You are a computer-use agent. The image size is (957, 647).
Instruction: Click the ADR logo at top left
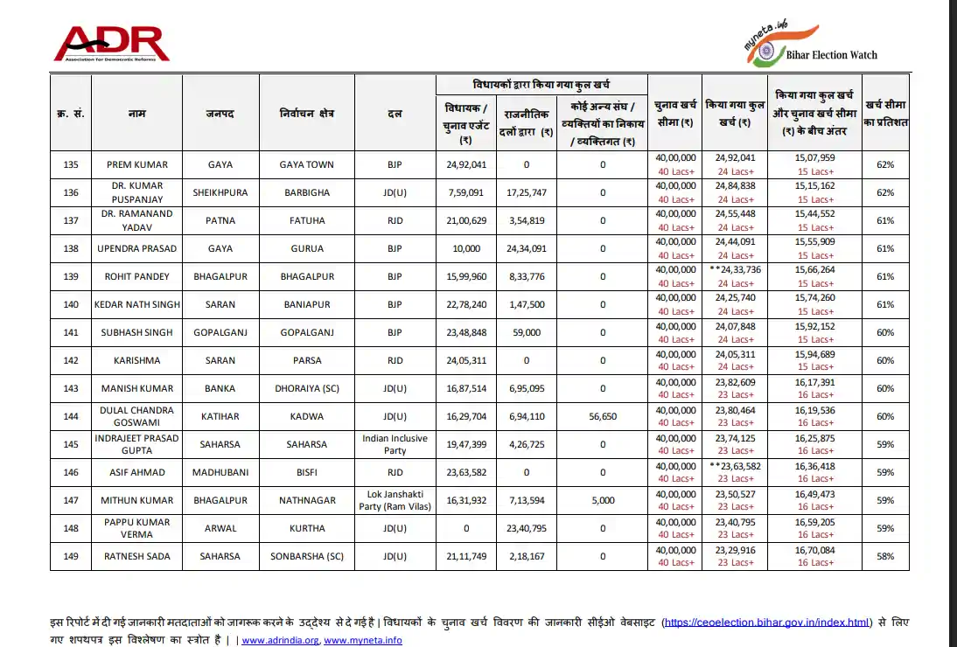coord(111,44)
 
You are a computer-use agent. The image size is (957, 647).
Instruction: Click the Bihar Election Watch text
coord(831,55)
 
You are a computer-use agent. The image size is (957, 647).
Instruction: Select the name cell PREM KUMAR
coord(136,164)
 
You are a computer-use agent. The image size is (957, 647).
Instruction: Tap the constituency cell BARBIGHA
coord(307,192)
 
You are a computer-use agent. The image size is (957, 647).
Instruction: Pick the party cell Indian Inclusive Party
coord(395,444)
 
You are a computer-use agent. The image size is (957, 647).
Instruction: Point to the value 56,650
coord(602,416)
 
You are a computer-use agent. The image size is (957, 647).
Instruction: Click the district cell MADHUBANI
coord(220,472)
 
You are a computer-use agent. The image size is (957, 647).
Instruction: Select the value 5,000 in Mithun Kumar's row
coord(602,500)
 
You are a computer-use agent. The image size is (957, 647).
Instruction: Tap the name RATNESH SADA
coord(136,556)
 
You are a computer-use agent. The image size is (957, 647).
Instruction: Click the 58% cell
coord(885,556)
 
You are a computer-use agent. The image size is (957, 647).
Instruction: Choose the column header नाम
coord(136,114)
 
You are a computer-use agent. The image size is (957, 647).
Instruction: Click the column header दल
coord(395,114)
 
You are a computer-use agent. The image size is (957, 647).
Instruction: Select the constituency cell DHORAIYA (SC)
coord(307,388)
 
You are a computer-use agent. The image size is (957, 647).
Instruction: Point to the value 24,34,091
coord(527,248)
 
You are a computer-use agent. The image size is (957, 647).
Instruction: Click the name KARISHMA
coord(136,360)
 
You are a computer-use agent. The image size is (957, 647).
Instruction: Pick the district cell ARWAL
coord(220,528)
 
